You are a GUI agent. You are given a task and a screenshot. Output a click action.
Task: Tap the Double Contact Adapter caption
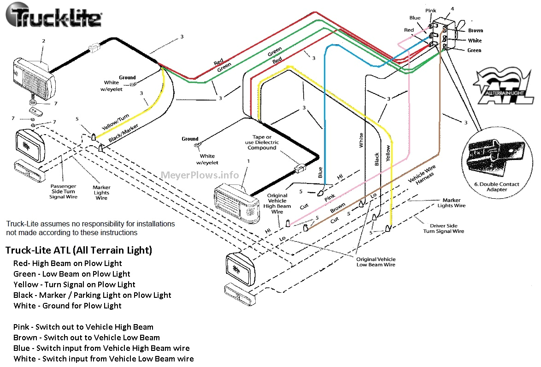[496, 187]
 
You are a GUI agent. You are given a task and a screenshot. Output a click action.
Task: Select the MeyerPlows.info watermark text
[200, 175]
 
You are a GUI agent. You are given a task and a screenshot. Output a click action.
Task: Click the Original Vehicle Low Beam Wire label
[376, 262]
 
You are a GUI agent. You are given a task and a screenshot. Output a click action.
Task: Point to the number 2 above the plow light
[43, 41]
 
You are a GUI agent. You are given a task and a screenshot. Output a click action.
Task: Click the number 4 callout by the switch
[452, 9]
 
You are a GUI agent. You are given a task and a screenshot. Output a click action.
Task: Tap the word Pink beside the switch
[431, 10]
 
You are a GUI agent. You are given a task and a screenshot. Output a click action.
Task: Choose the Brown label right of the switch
[476, 30]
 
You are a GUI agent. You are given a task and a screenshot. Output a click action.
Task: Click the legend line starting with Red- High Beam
[68, 263]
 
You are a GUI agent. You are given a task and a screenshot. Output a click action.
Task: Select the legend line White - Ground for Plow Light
[67, 306]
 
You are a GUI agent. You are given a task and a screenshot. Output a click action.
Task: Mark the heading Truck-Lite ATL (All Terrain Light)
[78, 250]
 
